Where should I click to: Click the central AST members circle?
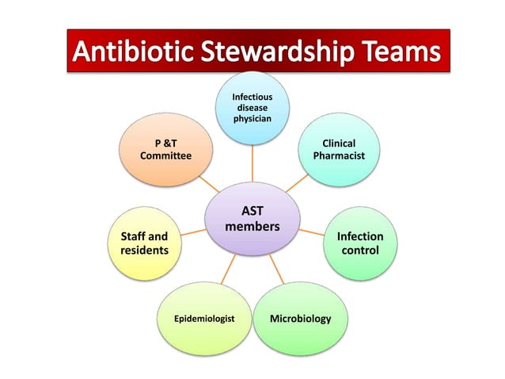tap(252, 219)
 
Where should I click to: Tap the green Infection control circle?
tap(360, 243)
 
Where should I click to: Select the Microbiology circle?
tap(300, 319)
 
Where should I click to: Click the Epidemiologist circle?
tap(204, 319)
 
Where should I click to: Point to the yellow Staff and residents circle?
tap(144, 243)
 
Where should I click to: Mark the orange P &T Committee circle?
tap(165, 150)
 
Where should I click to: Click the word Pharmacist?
tap(339, 156)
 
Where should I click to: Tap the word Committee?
tap(165, 156)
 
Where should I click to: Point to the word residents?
tap(144, 251)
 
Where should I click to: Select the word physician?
tap(252, 119)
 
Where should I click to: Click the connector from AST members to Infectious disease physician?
tap(252, 163)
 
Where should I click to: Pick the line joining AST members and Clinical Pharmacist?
tap(296, 184)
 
